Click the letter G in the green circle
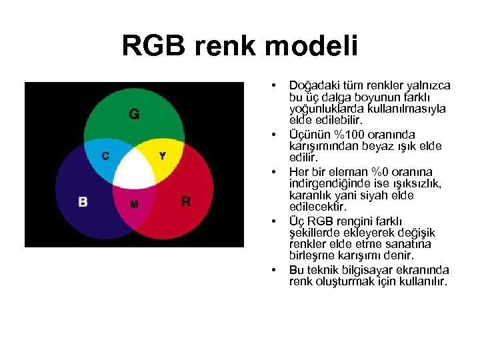click(x=134, y=114)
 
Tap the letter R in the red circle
click(x=185, y=201)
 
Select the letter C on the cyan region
click(x=105, y=156)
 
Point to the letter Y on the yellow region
click(x=162, y=156)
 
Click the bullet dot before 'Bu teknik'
click(x=273, y=270)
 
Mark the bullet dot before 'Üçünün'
click(x=273, y=134)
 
